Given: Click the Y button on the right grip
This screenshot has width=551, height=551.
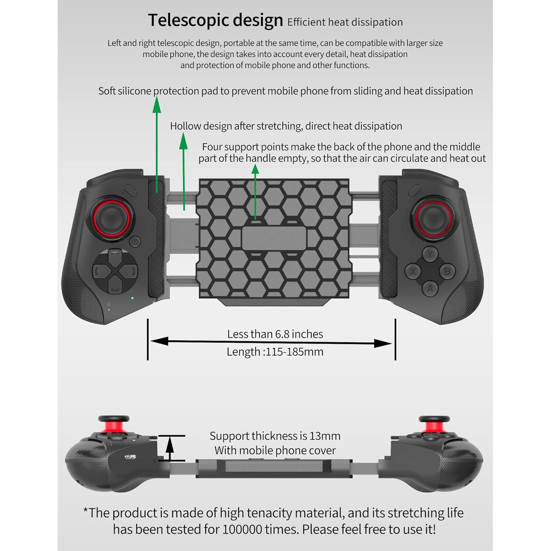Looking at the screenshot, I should (430, 253).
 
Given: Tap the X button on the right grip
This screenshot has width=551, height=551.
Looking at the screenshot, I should (413, 271).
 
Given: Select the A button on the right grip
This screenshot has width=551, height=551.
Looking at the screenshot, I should (430, 289).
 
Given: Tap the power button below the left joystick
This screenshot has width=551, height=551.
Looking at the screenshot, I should (135, 241).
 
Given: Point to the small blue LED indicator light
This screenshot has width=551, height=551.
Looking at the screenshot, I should (132, 298).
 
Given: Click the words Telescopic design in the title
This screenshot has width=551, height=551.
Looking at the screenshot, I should (215, 20).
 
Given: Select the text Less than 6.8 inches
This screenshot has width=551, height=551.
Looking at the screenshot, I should (275, 334).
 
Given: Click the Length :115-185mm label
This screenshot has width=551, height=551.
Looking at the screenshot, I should (275, 352).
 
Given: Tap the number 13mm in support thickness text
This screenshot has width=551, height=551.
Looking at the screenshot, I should (325, 436).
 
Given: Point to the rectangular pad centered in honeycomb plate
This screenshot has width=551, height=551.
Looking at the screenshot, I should (274, 238).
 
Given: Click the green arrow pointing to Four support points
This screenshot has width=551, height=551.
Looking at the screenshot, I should (255, 191).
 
